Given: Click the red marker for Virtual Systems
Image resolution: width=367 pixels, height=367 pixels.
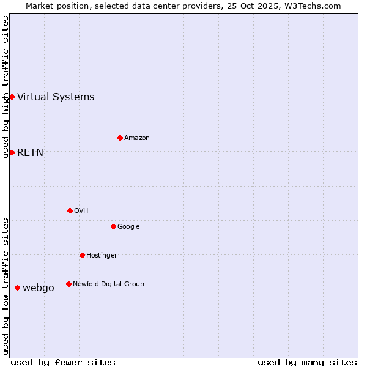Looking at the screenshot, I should [12, 97].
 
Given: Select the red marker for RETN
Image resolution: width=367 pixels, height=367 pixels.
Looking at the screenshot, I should [12, 152].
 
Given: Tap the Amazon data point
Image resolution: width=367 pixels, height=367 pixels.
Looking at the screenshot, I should [120, 138].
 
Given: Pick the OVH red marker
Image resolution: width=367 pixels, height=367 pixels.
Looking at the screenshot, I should [70, 210].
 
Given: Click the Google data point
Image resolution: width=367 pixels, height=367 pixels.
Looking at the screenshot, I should [113, 226].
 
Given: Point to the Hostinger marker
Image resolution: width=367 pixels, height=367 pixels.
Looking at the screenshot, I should [82, 255].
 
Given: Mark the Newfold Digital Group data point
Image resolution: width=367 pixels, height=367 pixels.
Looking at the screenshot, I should [69, 284].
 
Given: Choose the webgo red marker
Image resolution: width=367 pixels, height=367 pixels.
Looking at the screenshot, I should [17, 287].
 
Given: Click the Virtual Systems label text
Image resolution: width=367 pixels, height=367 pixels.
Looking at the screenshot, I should [56, 97].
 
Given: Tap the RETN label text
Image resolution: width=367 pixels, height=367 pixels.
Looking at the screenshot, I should [30, 152].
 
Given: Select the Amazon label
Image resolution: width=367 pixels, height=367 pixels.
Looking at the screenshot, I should [136, 138].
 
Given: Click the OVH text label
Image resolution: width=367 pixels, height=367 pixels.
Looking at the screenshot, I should [81, 210].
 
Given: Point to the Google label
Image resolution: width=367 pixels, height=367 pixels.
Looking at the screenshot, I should [128, 226].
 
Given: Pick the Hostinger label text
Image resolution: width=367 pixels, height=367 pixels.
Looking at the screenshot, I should [102, 255].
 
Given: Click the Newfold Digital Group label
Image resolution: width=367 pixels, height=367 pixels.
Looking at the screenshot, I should [108, 284].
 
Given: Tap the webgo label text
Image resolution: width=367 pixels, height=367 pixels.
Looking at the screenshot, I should [38, 287].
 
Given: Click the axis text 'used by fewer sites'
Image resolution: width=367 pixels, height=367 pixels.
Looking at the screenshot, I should [63, 362].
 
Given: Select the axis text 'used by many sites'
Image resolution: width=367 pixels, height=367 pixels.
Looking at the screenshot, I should [307, 362].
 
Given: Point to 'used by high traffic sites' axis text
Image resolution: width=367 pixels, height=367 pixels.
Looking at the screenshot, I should [6, 87].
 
